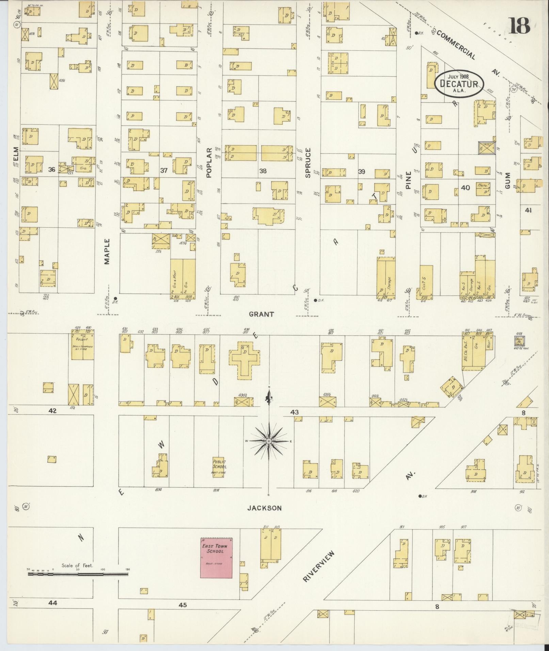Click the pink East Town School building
pos(216,558)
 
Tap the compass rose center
pos(269,441)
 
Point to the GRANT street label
pos(261,314)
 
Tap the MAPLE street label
pos(107,251)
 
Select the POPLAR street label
pos(209,162)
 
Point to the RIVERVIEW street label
pos(319,566)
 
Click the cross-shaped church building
pos(244,360)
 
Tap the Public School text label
pos(219,465)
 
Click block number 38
pos(263,171)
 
